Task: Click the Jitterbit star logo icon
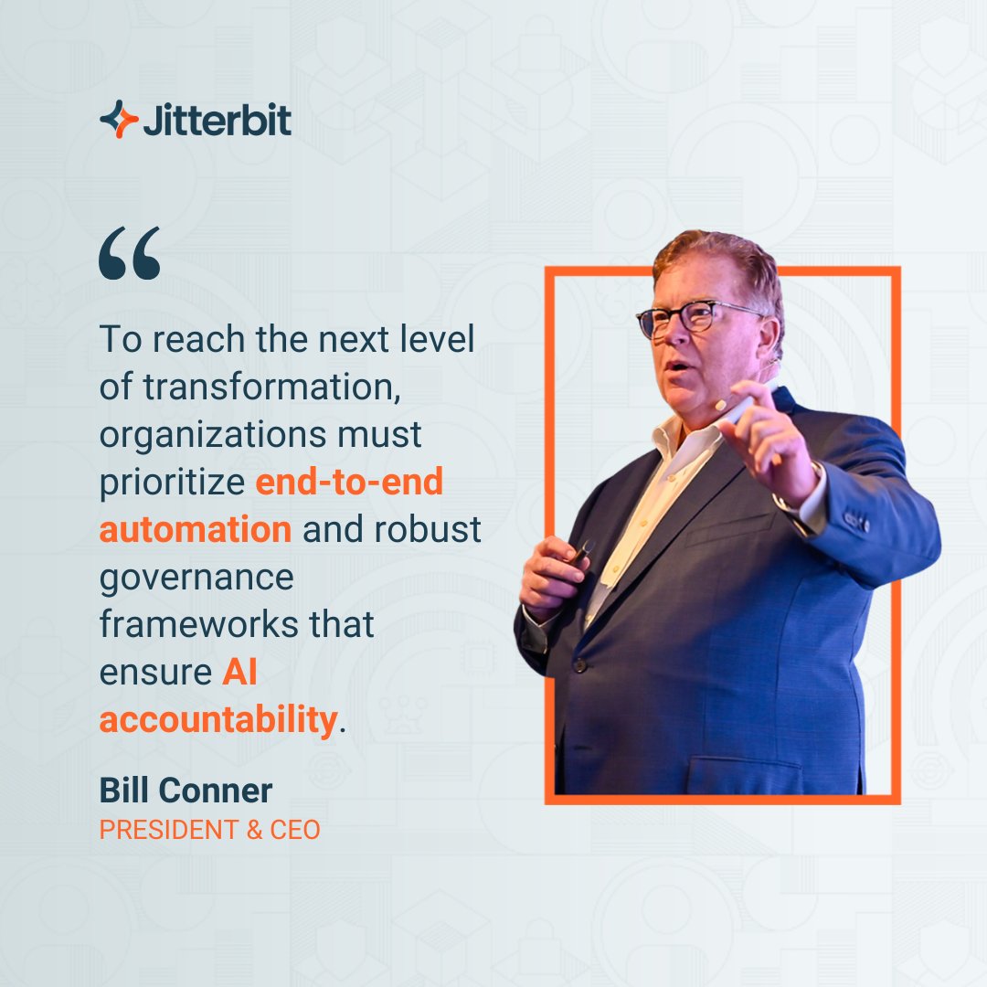(x=119, y=119)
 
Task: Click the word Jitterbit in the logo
(x=218, y=120)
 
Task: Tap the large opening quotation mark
(x=130, y=254)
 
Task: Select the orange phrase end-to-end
(x=349, y=482)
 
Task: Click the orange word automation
(x=196, y=530)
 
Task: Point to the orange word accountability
(x=218, y=720)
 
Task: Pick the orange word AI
(x=239, y=673)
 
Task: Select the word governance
(x=196, y=578)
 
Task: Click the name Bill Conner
(x=186, y=791)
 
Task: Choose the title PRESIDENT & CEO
(x=209, y=830)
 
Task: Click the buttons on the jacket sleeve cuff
(x=855, y=521)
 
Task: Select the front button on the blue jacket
(x=579, y=664)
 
